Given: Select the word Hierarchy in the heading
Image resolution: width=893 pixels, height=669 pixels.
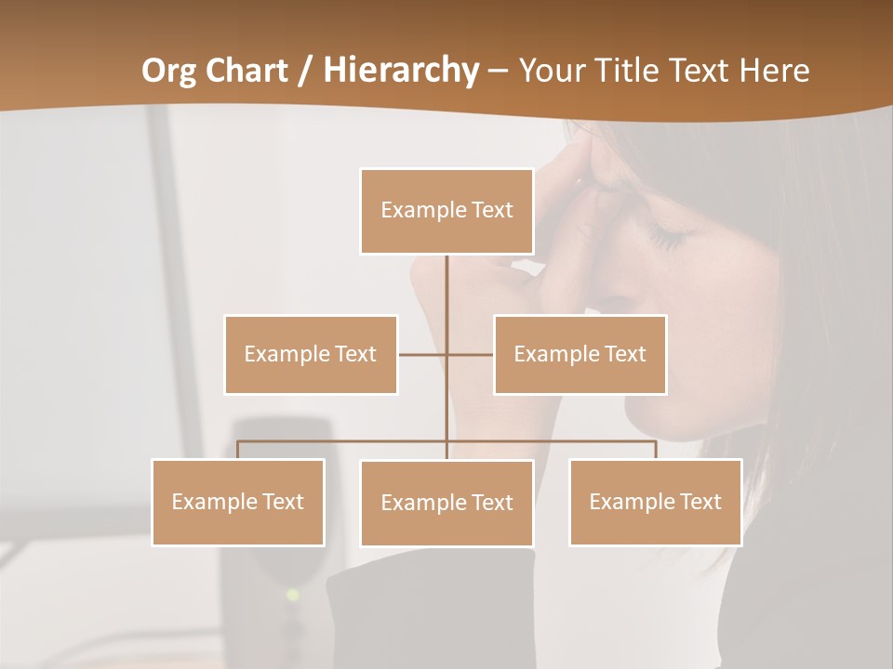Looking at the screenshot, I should pos(401,71).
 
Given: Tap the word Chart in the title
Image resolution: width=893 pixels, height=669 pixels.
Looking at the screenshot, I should pos(247,71).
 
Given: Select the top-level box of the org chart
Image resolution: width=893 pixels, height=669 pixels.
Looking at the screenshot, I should pos(446,211).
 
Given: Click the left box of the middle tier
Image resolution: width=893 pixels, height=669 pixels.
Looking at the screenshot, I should pos(311,354).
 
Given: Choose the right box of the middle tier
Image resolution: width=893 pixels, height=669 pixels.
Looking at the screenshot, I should pos(580,354).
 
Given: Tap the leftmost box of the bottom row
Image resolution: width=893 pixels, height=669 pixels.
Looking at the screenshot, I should pos(238,502).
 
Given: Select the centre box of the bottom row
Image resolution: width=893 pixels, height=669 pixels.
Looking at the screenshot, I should pos(446,503).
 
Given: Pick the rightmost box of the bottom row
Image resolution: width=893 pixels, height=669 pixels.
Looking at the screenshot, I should pos(655,502).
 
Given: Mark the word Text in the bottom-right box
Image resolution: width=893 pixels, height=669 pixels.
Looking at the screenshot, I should pos(701,502).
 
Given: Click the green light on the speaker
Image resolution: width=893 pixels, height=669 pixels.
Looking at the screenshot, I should pos(293,594).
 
